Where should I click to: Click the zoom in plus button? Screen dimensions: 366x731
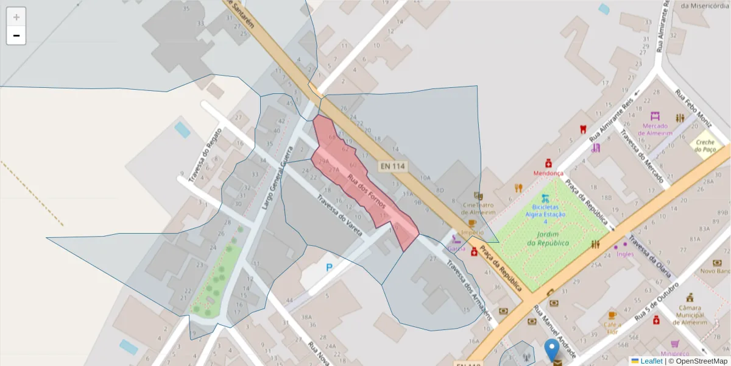pos(16,17)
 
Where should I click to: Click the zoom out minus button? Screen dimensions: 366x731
pos(16,35)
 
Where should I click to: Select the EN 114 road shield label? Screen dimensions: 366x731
pos(393,165)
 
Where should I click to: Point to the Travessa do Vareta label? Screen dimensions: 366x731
pos(339,215)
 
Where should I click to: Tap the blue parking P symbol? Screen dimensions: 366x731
pos(330,267)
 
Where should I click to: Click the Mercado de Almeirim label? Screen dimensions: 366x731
pos(654,129)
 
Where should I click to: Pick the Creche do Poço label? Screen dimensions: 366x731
pos(706,145)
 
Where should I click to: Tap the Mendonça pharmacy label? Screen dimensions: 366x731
pos(548,173)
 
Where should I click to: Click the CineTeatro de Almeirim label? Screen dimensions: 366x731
pos(479,209)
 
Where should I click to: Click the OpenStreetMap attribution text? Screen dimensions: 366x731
pos(697,361)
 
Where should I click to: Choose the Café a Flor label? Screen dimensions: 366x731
pos(612,328)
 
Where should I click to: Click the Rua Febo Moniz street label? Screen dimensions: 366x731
pos(693,105)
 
